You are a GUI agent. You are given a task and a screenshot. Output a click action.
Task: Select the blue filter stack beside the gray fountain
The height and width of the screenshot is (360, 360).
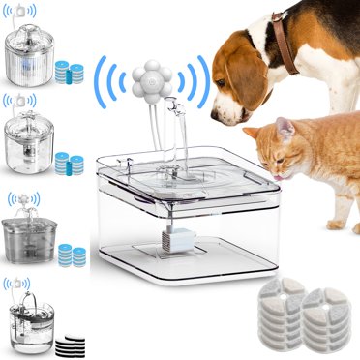coord(71,255)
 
